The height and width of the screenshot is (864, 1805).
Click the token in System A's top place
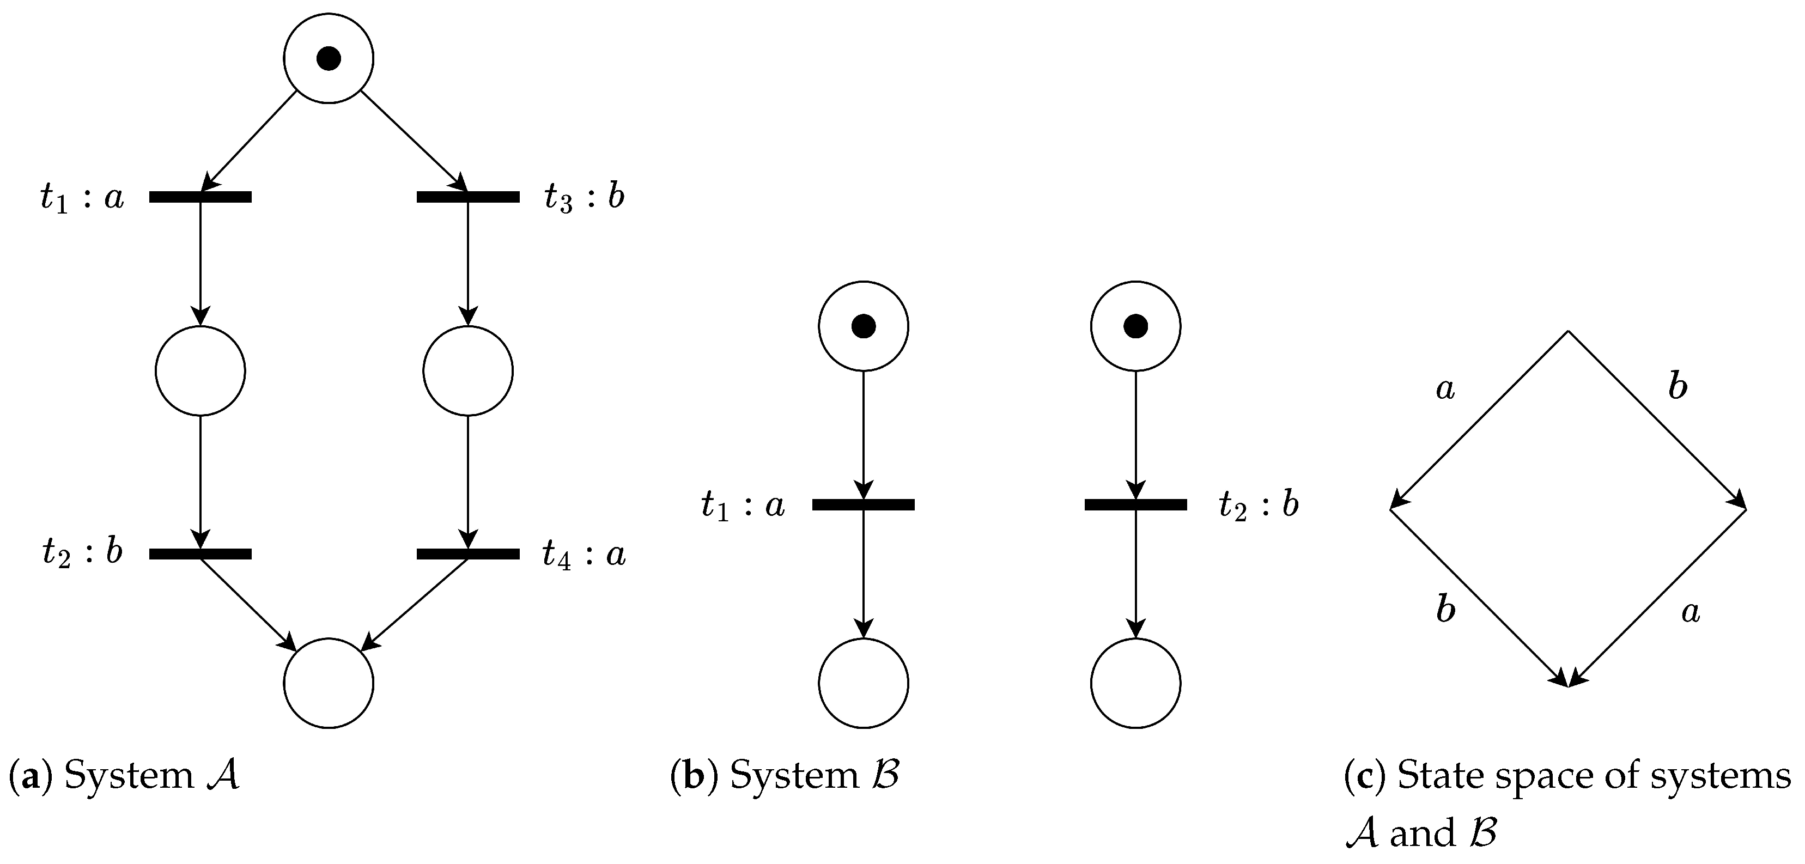329,58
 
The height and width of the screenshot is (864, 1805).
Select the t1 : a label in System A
82,198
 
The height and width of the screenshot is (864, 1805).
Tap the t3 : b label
584,198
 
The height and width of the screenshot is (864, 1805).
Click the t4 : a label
584,555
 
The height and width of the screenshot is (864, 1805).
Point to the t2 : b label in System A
82,552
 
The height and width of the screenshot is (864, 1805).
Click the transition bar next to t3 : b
468,197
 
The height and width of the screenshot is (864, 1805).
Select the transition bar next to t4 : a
468,554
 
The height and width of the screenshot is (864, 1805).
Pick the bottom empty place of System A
329,683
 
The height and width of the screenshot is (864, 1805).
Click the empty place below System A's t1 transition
200,370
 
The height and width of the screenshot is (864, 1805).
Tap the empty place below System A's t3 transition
468,370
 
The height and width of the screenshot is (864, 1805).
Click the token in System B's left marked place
863,326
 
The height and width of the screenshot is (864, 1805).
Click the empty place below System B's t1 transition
863,683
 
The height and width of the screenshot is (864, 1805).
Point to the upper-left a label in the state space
1445,389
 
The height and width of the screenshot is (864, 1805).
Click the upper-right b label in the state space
1678,386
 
